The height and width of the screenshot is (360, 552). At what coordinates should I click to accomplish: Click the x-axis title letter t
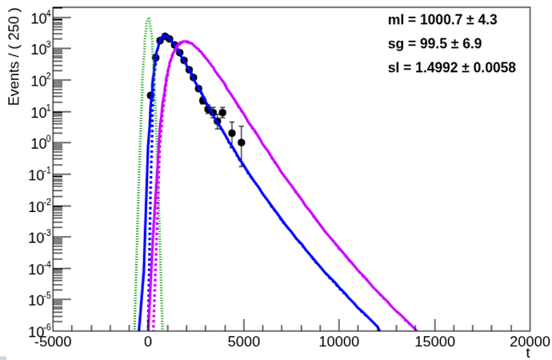click(529, 353)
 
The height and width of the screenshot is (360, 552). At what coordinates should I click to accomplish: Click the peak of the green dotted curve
click(148, 18)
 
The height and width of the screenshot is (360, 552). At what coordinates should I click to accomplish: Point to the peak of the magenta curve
click(184, 42)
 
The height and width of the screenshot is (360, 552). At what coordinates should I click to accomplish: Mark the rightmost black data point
click(242, 142)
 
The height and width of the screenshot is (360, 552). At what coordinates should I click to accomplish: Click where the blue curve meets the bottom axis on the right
click(378, 329)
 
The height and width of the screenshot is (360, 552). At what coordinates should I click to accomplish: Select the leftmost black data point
click(150, 95)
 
